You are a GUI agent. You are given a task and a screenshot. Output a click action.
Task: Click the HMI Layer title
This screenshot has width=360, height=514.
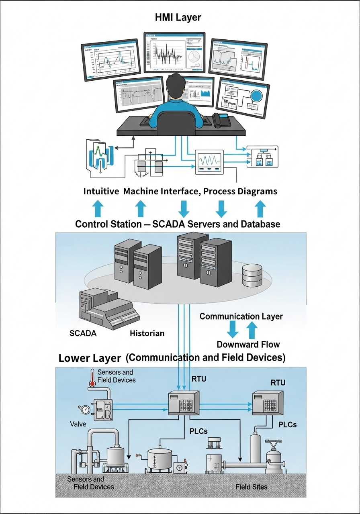coord(178,17)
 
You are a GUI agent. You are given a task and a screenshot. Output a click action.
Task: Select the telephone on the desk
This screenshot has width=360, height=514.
coord(221,119)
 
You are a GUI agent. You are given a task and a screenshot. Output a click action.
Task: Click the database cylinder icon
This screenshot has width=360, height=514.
coord(252,275)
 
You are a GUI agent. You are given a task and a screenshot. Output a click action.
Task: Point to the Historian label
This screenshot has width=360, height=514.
coord(147,333)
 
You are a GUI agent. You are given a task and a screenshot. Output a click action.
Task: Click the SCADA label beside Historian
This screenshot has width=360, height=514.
coord(83,333)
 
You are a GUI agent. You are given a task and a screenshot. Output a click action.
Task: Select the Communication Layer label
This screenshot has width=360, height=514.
coord(241,316)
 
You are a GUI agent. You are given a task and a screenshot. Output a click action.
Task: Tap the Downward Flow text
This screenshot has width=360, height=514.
coord(248,344)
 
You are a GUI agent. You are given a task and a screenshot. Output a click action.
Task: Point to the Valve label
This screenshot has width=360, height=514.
coord(78,424)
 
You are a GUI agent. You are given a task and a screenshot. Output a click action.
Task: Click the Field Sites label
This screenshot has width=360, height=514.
coord(252,487)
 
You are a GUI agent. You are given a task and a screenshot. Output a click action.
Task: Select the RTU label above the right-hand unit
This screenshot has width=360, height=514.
coord(278,383)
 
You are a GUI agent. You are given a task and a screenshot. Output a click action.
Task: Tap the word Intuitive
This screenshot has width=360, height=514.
coord(101,192)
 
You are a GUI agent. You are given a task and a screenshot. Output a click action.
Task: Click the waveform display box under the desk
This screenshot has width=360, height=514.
coord(209,162)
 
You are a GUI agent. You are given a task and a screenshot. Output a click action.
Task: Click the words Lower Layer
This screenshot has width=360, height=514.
coord(90,358)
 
